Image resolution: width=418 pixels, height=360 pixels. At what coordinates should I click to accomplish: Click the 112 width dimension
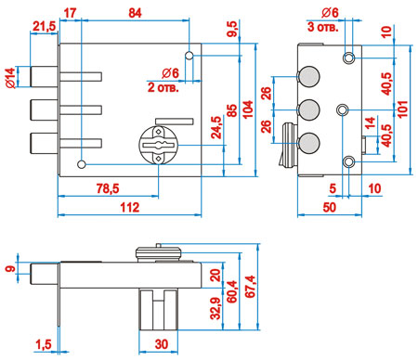(130, 208)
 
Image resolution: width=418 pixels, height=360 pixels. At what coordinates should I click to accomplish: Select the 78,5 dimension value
(108, 188)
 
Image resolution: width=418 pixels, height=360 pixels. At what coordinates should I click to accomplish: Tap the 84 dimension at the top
(135, 13)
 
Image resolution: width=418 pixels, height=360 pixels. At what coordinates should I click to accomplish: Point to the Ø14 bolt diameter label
(10, 78)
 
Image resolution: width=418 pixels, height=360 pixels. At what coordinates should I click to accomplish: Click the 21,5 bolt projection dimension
(45, 27)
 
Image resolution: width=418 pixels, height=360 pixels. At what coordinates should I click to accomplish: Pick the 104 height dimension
(248, 109)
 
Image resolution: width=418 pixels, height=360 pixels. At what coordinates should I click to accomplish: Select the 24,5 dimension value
(216, 127)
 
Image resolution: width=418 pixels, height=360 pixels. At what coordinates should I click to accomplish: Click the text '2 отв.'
(163, 87)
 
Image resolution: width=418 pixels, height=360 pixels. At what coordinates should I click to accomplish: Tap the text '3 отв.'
(322, 27)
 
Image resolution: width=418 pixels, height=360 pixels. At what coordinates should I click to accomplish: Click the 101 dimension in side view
(402, 109)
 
